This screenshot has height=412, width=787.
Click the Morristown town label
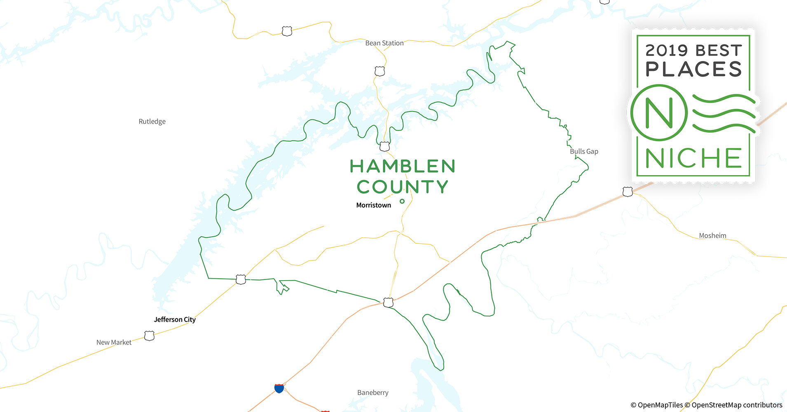coord(373,205)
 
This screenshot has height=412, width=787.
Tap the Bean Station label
coord(384,43)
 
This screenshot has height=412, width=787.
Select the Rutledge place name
coord(152,122)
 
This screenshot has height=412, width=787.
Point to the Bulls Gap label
coord(584,152)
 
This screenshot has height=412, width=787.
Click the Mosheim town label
coord(712,236)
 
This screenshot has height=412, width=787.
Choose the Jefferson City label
coord(175,320)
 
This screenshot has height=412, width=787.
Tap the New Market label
coord(114,342)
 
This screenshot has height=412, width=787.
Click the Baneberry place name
coord(372,393)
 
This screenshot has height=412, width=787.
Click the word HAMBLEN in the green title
coord(403,166)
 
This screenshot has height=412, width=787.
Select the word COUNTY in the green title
coord(403,187)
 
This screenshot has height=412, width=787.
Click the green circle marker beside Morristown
coord(402,201)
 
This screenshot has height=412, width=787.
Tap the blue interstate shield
coord(279,388)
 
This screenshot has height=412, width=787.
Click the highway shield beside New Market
coord(149,336)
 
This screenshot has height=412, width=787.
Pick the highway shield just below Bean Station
coord(379,71)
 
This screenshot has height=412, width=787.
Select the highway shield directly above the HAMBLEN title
coord(384,146)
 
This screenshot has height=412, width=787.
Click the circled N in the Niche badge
coord(659,112)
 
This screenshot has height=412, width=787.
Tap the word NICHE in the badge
coord(693,158)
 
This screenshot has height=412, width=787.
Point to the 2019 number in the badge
coord(666,51)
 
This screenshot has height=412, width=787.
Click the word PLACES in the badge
coord(693,69)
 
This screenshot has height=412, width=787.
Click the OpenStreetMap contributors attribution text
coord(736,405)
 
